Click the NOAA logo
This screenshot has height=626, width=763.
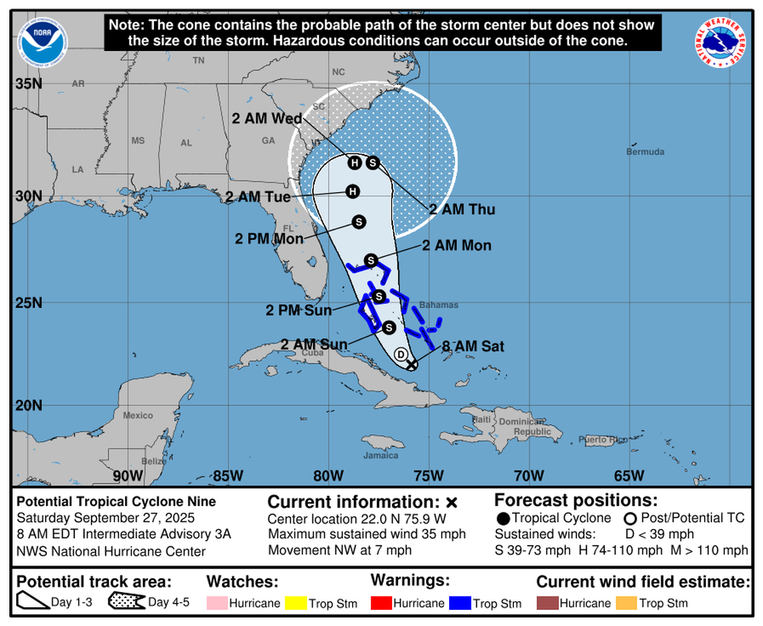coord(44,42)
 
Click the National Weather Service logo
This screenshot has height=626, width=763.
coord(720,42)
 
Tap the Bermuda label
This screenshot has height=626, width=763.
coord(645,152)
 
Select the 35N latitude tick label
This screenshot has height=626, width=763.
coord(29,84)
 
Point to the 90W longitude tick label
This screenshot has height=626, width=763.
coord(127,476)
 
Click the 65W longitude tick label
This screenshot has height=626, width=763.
coord(629,476)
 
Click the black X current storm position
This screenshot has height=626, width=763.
coord(412,364)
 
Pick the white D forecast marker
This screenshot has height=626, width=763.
coord(401,354)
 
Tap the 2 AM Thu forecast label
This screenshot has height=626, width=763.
coord(462,210)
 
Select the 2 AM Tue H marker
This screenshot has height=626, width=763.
coord(352,192)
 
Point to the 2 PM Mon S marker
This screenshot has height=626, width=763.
coord(358,222)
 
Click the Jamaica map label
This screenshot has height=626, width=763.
coord(381,455)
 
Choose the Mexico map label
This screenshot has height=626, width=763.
coord(138,416)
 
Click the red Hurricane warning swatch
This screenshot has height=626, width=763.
coord(381,603)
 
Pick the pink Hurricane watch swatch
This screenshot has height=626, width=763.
coord(217,603)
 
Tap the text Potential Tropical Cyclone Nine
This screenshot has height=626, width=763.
coord(116,501)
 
